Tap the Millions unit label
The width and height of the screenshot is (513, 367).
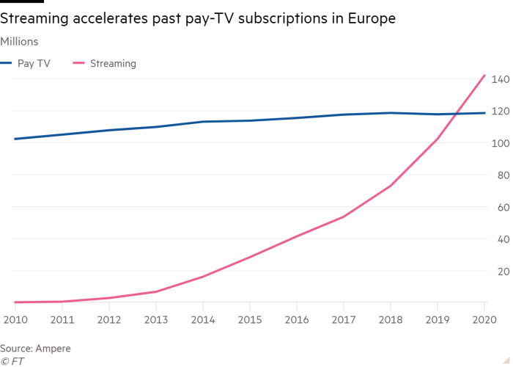20,42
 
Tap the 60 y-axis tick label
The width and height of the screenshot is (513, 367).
502,207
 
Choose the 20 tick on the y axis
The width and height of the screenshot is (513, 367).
502,271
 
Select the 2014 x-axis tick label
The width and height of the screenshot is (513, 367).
202,319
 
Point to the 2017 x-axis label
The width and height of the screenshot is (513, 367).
343,319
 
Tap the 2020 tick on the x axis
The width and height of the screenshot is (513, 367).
484,319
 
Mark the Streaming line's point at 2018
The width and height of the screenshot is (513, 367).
391,186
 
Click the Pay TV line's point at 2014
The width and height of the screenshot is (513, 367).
202,122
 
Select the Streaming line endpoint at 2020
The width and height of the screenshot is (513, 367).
484,75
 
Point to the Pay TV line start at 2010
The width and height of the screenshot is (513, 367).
15,139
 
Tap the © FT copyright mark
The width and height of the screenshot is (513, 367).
12,360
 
